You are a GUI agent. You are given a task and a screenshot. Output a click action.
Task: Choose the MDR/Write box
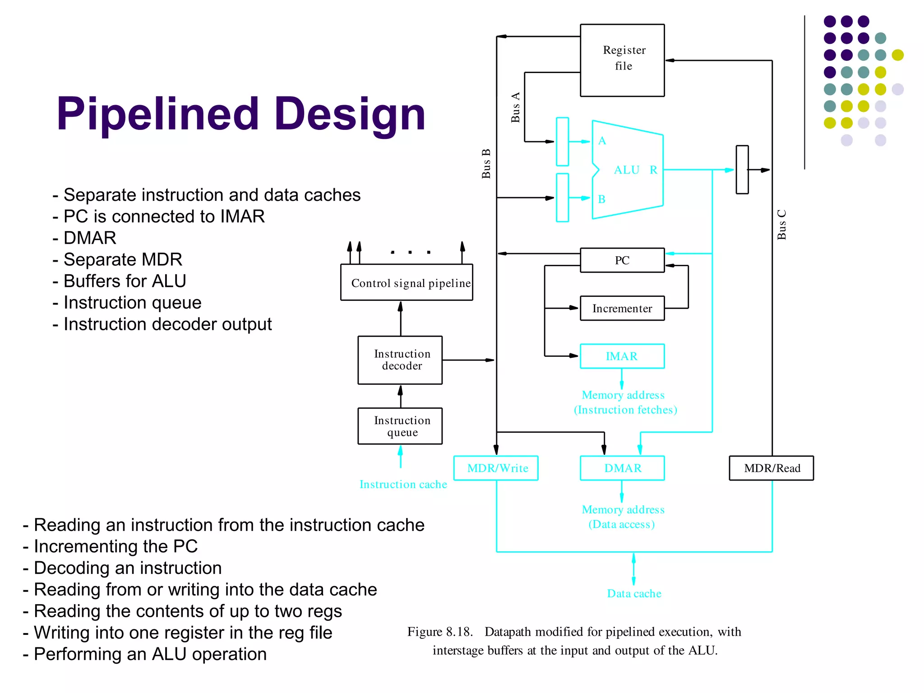[x=496, y=468]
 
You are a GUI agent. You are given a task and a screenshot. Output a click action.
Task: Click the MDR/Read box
[x=772, y=468]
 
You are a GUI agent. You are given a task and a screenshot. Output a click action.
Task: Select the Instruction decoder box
[x=400, y=360]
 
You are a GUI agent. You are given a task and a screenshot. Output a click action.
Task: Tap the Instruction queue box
[x=400, y=426]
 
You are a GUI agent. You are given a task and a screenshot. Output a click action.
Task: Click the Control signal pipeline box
[x=407, y=283]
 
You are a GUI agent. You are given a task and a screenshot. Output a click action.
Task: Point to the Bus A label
[x=515, y=107]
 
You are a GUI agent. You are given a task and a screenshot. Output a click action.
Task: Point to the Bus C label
[x=781, y=224]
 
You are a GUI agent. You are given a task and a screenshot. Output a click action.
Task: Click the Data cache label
[x=634, y=594]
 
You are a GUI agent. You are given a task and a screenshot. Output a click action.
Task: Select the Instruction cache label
[x=403, y=485]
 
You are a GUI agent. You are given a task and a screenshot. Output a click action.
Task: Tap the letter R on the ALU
[x=653, y=170]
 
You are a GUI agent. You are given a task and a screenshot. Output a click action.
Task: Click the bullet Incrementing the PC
[x=111, y=546]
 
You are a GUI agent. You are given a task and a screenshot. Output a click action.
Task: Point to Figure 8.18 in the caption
[x=440, y=632]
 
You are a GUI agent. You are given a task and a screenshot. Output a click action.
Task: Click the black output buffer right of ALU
[x=742, y=170]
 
